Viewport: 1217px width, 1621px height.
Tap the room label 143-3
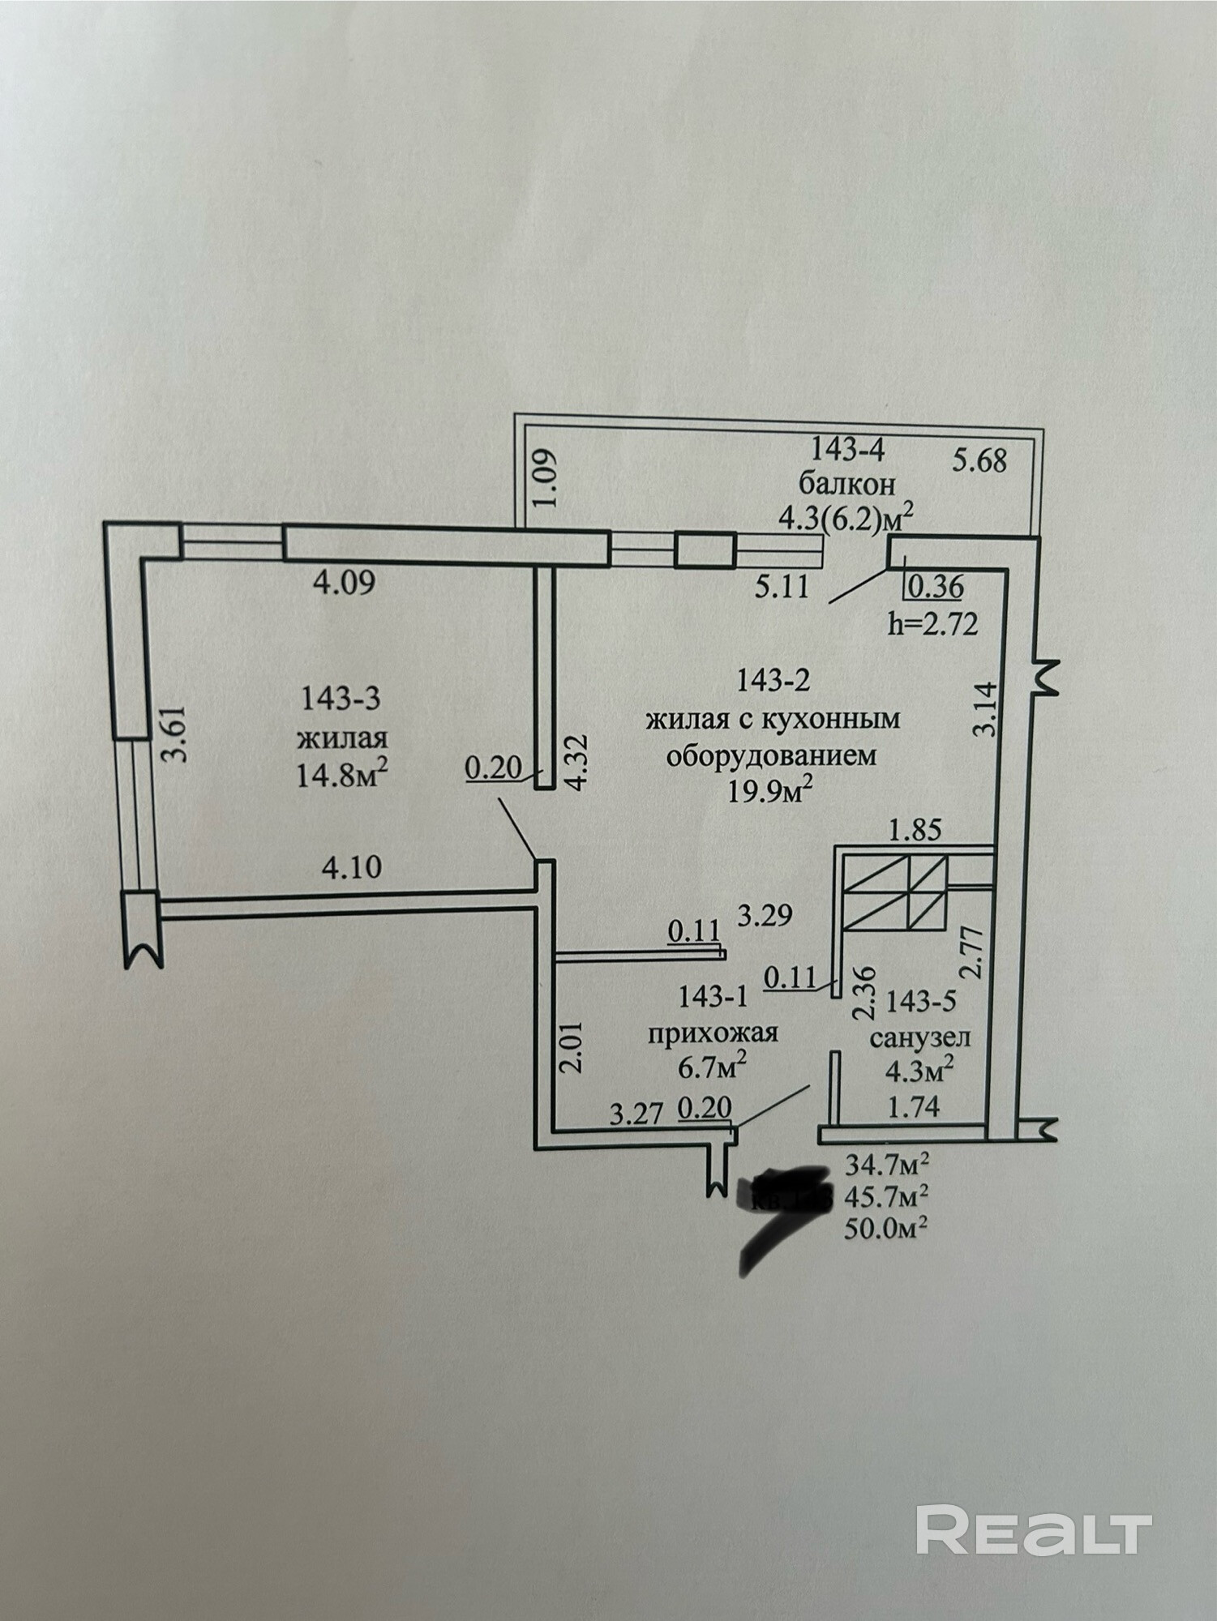(340, 699)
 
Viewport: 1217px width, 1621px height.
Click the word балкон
(847, 484)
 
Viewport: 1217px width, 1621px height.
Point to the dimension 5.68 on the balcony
(979, 460)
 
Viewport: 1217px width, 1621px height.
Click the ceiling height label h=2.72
(934, 623)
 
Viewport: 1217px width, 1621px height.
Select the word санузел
(920, 1037)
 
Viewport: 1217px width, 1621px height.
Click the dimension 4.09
(344, 583)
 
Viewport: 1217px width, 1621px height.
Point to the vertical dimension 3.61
(177, 733)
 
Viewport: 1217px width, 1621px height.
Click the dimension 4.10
(351, 867)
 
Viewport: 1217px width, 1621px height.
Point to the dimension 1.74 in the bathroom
(914, 1106)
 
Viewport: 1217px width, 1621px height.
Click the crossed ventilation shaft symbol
(894, 893)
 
